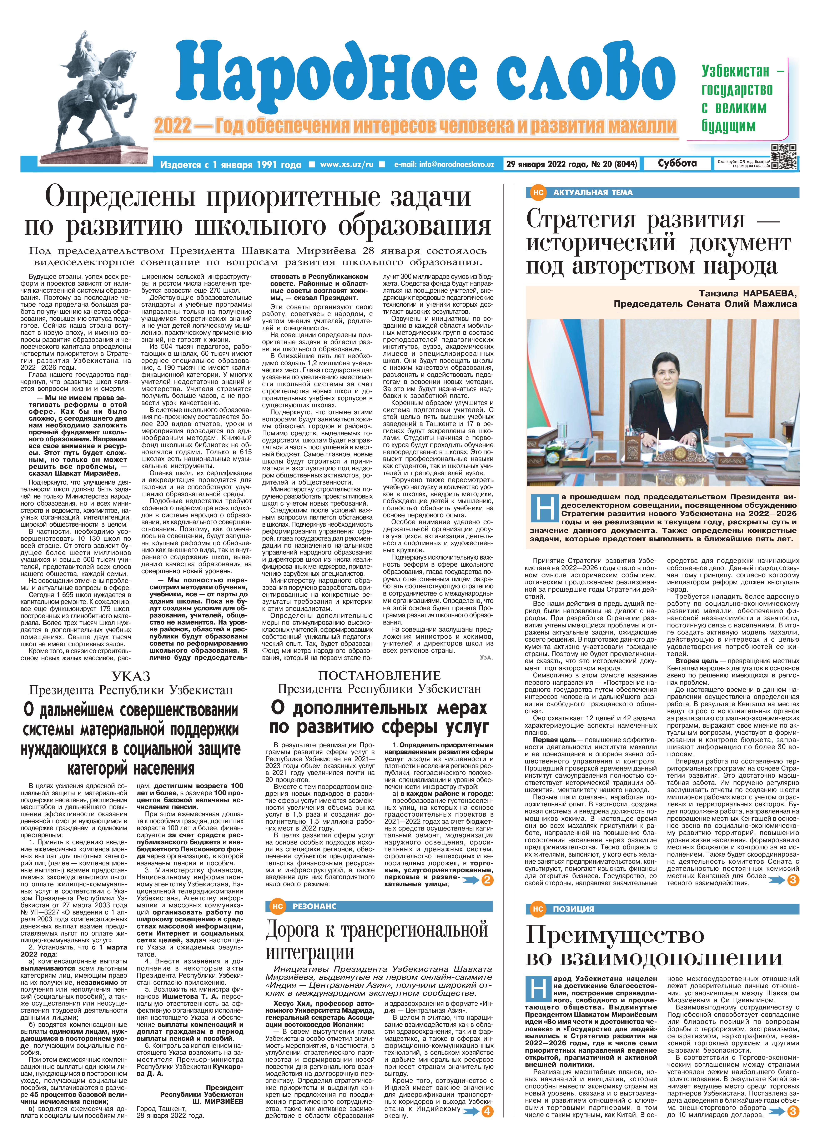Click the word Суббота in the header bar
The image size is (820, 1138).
678,164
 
